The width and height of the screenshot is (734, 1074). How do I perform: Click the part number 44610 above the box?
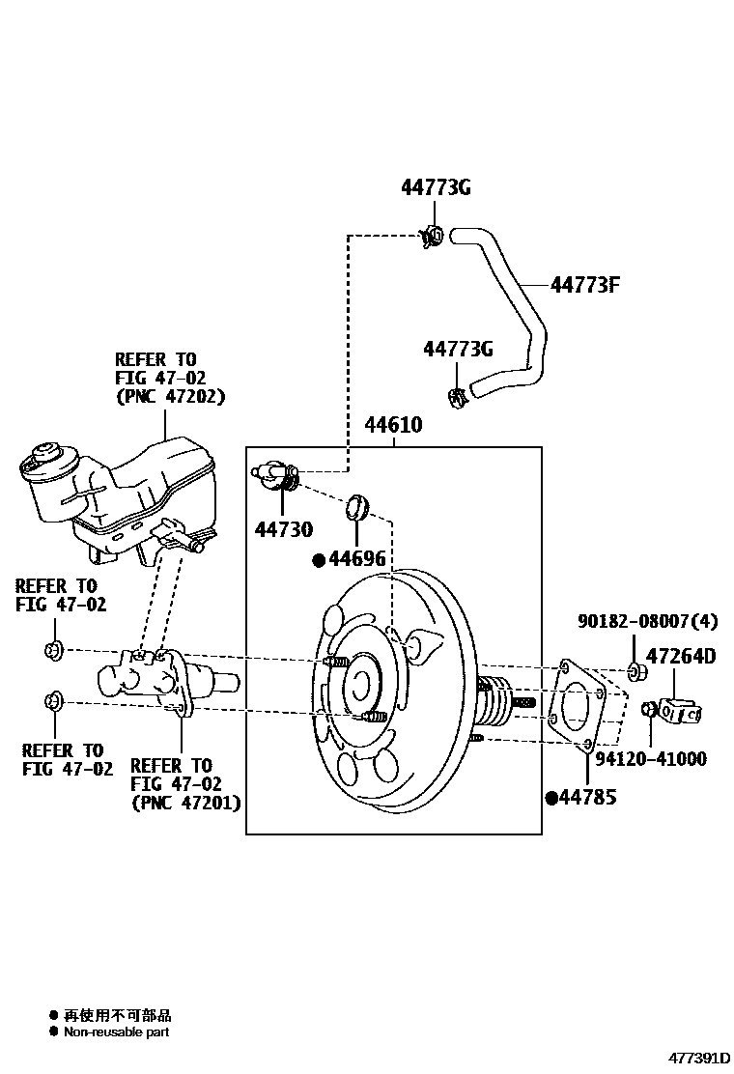(393, 425)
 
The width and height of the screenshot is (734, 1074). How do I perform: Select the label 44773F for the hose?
(584, 285)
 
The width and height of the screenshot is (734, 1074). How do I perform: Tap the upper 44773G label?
(436, 188)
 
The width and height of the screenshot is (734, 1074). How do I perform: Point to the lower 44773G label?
(458, 349)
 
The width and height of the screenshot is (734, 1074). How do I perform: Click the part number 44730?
(284, 529)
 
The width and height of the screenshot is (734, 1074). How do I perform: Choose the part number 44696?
(356, 559)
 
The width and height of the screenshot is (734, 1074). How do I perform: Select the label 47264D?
(680, 657)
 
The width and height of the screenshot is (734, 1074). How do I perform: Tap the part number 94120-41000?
(650, 759)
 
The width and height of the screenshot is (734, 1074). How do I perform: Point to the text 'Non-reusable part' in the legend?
(116, 1032)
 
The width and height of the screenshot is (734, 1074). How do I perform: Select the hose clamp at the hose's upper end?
(432, 237)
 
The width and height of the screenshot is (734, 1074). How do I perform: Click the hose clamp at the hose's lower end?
(457, 394)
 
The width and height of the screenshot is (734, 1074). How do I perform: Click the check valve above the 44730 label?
(276, 474)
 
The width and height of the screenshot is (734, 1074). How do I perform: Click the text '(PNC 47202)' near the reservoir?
(170, 397)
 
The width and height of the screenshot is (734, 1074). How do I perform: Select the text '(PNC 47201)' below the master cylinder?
(185, 803)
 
